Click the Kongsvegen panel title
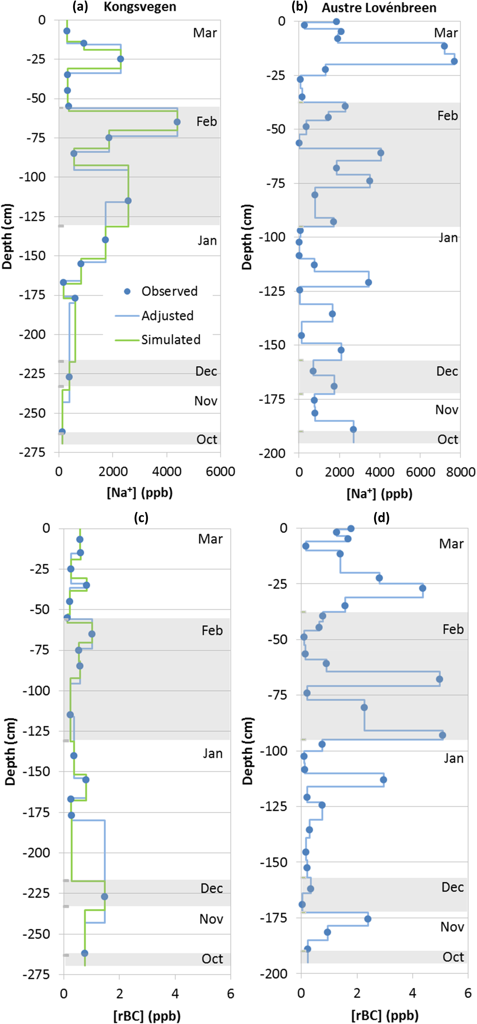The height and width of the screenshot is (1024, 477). (140, 7)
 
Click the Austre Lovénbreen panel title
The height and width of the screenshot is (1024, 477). (379, 8)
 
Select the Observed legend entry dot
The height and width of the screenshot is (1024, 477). (127, 291)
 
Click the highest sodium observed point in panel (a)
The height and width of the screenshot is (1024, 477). (177, 122)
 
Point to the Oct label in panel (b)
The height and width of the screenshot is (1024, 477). (448, 440)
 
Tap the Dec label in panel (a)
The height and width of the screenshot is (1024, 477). (206, 371)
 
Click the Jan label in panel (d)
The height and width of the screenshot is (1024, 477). (453, 758)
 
